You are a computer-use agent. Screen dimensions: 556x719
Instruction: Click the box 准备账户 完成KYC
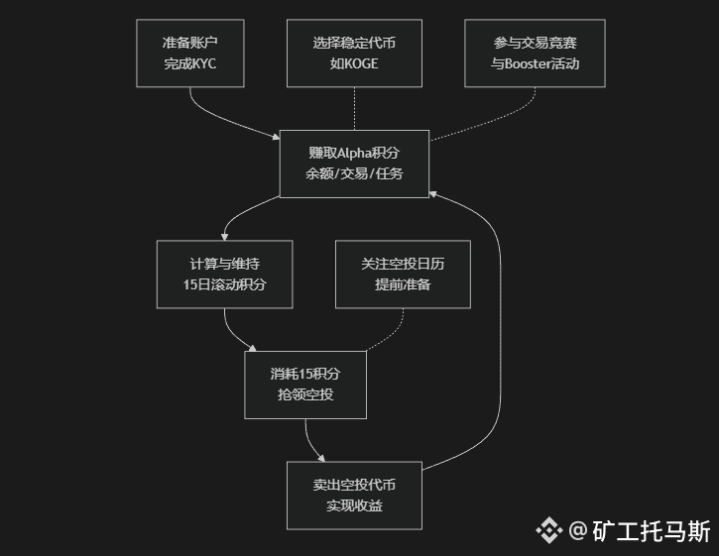pos(189,54)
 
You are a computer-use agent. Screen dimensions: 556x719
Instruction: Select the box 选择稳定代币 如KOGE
pos(354,54)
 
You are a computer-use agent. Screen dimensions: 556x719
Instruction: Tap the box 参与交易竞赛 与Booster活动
pos(535,54)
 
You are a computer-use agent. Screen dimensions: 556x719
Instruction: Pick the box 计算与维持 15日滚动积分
pos(225,275)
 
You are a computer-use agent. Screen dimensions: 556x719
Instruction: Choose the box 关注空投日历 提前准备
pos(403,275)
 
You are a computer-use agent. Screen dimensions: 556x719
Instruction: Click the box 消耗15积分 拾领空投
pos(305,385)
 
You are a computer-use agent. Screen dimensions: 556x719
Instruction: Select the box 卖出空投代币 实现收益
pos(354,495)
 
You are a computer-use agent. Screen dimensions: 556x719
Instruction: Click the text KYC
pos(200,64)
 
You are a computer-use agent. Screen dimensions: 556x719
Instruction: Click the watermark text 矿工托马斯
pos(652,531)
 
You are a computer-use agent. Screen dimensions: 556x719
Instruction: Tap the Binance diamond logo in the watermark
pos(548,531)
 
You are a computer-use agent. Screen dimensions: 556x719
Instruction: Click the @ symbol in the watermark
pos(578,531)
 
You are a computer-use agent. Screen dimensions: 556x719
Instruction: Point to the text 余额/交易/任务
pos(354,173)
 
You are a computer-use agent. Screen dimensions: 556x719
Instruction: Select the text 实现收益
pos(354,505)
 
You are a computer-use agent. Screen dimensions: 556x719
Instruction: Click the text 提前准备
pos(403,285)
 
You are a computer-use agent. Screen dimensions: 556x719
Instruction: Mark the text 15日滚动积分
pos(225,285)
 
